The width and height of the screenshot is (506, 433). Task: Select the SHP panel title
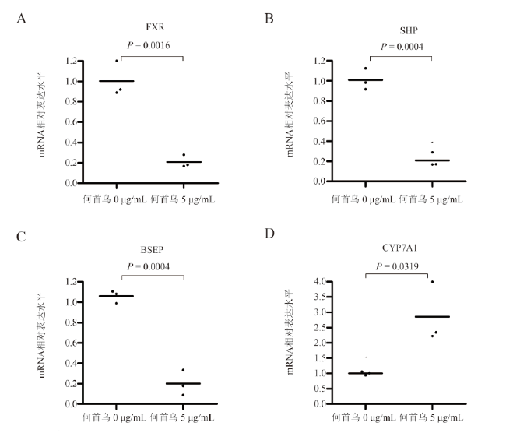(397, 30)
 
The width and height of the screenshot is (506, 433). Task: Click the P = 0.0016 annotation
(151, 47)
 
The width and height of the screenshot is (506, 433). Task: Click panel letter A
(23, 17)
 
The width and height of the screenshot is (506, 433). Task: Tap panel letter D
(269, 233)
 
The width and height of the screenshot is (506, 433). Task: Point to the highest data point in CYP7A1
(432, 282)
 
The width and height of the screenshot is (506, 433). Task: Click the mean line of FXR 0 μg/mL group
(116, 81)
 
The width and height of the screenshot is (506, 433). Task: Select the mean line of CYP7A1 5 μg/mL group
(432, 316)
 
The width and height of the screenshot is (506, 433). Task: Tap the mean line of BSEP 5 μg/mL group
(184, 383)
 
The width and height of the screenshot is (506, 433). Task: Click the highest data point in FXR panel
(117, 61)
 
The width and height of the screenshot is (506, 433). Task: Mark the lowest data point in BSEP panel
(184, 395)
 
